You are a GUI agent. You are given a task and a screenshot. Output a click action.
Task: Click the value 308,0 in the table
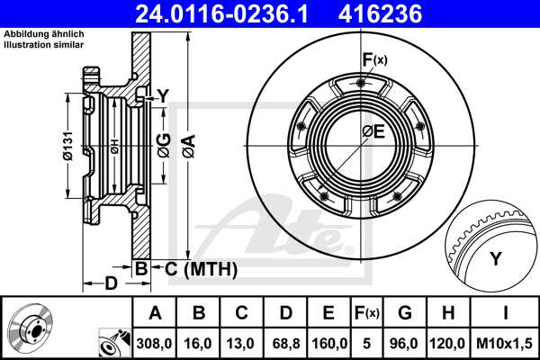(154, 343)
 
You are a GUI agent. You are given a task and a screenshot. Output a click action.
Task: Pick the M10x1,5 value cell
(506, 343)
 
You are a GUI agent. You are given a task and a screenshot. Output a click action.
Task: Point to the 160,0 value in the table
(328, 343)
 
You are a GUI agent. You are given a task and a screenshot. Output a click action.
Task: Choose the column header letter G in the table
(406, 313)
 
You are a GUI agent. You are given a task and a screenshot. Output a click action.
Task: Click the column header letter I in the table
(506, 313)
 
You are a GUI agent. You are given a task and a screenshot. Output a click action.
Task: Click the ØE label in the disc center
(373, 132)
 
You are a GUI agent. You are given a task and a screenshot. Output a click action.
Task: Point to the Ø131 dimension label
(67, 148)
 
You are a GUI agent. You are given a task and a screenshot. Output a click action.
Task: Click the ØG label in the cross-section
(163, 145)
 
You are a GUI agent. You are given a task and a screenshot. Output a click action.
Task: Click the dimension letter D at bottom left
(111, 284)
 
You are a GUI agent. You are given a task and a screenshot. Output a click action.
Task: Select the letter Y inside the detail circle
(494, 260)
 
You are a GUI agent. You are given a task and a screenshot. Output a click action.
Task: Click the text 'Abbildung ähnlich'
(44, 33)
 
